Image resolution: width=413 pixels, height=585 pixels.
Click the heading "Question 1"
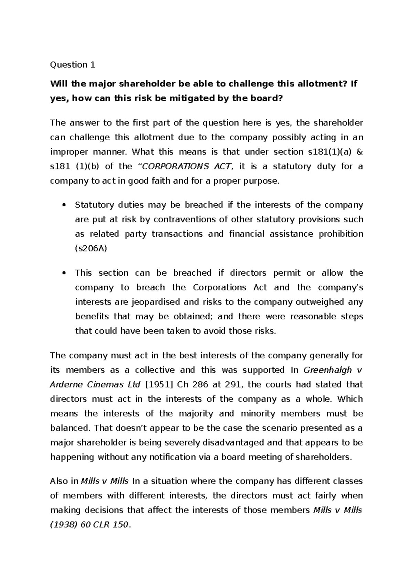(x=72, y=65)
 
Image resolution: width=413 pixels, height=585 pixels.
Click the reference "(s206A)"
(x=91, y=248)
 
